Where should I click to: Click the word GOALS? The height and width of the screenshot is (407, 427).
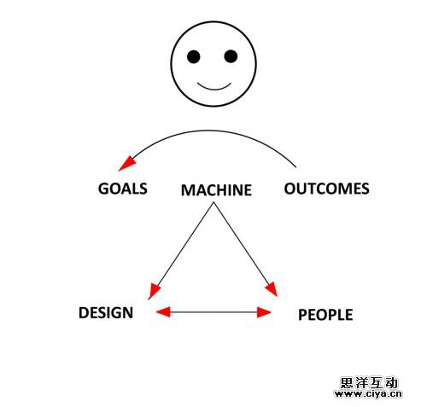[123, 189]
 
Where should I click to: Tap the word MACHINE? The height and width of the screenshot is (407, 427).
[216, 189]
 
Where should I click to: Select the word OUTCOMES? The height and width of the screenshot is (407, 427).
[325, 189]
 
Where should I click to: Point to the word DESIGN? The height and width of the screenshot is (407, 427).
[106, 312]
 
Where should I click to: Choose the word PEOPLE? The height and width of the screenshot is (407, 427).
[325, 315]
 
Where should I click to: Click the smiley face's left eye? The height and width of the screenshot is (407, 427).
[194, 57]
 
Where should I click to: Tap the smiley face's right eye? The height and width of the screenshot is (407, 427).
[231, 57]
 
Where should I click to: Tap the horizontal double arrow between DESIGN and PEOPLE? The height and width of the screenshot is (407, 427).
[213, 312]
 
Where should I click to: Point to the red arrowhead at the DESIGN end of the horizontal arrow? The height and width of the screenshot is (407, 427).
[163, 312]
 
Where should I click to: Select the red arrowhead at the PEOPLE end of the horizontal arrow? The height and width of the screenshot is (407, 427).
[264, 312]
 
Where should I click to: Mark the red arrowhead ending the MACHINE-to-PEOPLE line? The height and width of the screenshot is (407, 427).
[272, 289]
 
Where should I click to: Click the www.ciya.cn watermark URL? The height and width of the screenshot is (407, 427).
[367, 395]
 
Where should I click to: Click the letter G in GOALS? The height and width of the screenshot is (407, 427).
[104, 189]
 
